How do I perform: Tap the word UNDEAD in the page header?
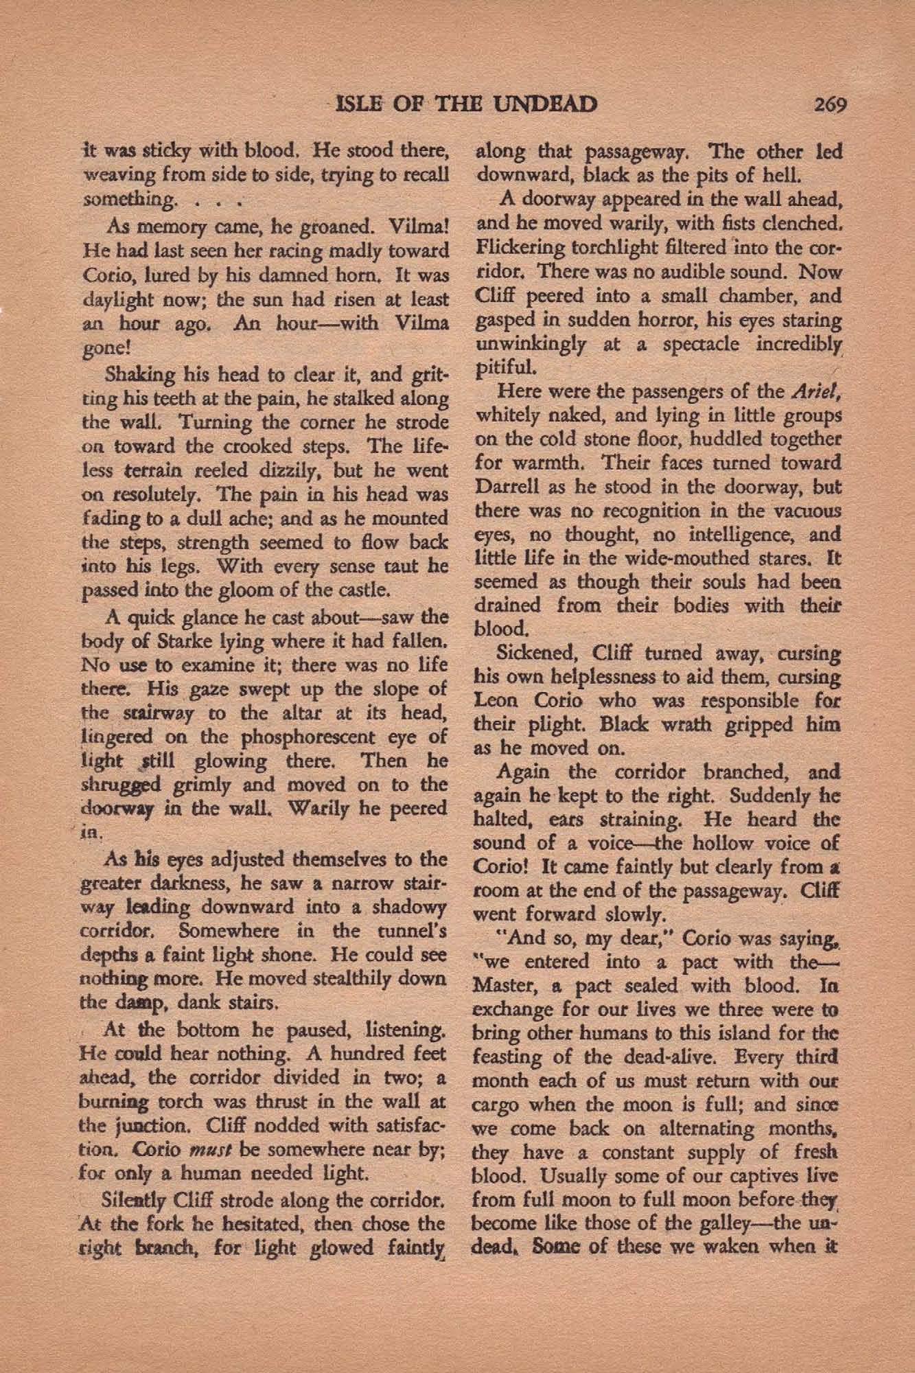(x=545, y=104)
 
